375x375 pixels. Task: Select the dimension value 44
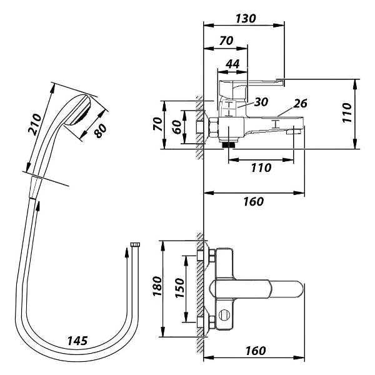(232, 64)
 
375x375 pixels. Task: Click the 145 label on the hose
(78, 341)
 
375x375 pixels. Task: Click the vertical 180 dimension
(157, 286)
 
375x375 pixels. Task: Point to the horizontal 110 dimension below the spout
(261, 167)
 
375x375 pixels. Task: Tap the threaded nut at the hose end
(133, 246)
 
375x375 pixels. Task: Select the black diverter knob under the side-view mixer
(229, 144)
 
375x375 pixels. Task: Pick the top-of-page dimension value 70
(226, 41)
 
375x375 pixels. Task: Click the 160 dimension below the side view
(254, 201)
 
